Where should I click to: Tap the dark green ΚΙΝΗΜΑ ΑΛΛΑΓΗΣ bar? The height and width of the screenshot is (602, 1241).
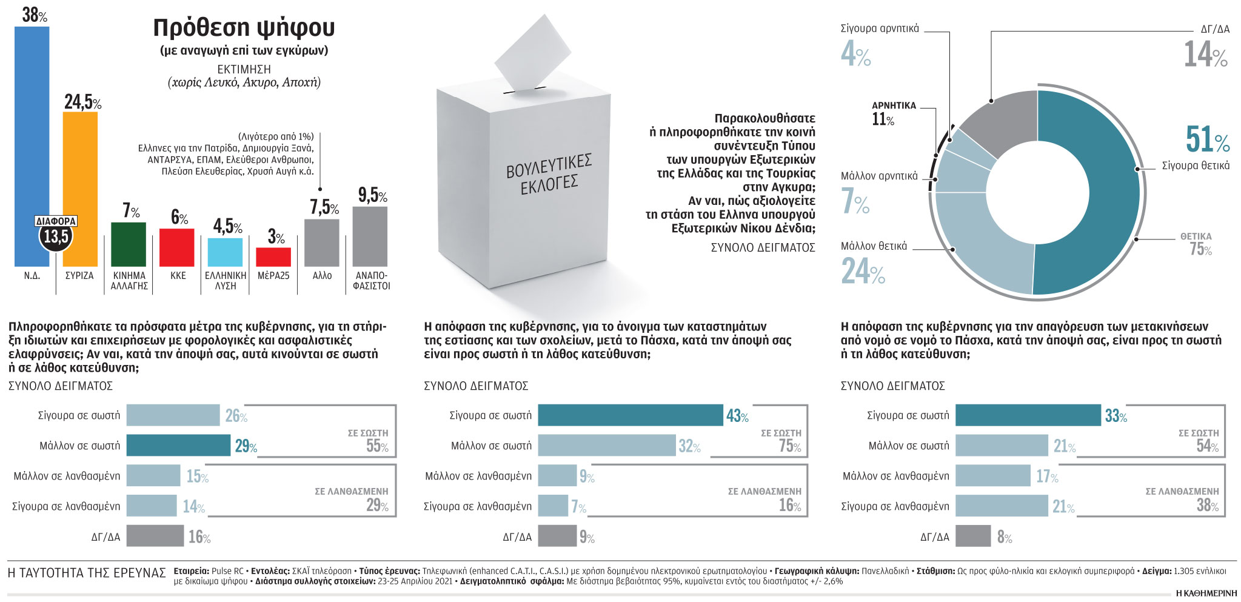pos(129,244)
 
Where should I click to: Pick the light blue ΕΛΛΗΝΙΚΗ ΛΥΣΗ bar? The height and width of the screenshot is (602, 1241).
pos(225,252)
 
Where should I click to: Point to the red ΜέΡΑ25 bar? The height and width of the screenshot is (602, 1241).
pos(273,257)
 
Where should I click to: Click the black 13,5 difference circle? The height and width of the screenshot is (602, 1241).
pos(56,236)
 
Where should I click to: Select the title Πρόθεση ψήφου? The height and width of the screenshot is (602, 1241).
pos(244,28)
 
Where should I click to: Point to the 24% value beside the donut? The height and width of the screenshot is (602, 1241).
pos(863,271)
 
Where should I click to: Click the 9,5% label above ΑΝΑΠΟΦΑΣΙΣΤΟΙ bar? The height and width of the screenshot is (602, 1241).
pos(372,195)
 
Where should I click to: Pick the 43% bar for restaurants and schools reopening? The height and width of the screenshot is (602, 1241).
pos(630,415)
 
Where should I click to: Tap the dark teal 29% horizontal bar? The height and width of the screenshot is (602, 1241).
pos(178,446)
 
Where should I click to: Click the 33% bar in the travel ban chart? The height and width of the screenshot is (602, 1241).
pos(1028,415)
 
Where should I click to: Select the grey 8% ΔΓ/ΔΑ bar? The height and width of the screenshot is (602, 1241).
pos(973,536)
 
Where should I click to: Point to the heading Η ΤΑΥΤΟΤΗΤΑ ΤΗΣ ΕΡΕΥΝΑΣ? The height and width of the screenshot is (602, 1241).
pos(87,573)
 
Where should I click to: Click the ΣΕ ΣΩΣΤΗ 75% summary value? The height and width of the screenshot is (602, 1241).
pos(789,446)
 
